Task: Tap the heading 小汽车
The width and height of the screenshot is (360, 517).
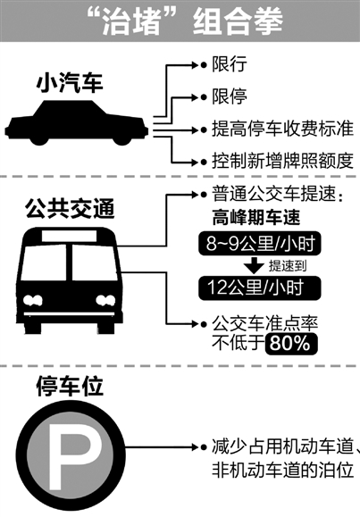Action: tap(70, 83)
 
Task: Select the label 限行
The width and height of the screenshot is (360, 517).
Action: tap(230, 63)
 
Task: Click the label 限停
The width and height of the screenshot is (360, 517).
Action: tap(230, 96)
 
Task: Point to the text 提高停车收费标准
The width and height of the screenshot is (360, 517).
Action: tap(283, 129)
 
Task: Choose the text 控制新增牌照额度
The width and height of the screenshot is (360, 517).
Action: tap(283, 161)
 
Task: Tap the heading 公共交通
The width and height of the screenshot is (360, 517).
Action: tap(70, 209)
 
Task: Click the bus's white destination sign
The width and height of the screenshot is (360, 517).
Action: tap(69, 236)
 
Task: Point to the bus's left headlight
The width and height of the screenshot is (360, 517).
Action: tap(32, 300)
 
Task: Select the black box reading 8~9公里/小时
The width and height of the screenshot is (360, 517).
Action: tap(259, 244)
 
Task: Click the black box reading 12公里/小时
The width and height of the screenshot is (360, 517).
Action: tap(259, 288)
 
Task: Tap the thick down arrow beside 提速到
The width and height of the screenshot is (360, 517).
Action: tap(254, 265)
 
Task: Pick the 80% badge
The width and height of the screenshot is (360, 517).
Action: tap(291, 344)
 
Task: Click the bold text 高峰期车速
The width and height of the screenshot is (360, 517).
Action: tap(256, 218)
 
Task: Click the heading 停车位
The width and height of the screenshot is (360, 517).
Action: tap(70, 387)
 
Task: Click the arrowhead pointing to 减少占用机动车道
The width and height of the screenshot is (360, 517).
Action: tap(195, 447)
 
